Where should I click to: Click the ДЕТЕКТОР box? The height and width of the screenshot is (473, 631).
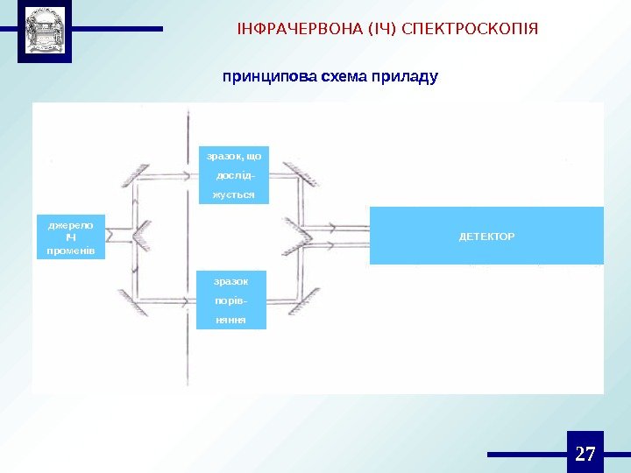[x=486, y=236]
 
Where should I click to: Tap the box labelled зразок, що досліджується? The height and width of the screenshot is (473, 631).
[x=234, y=174]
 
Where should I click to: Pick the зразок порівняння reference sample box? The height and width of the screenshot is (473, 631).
[x=230, y=300]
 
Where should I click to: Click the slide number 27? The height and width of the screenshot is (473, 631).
[x=585, y=454]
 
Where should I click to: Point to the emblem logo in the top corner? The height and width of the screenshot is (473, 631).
[x=45, y=33]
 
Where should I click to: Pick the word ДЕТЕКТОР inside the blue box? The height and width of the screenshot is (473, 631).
[x=486, y=236]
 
